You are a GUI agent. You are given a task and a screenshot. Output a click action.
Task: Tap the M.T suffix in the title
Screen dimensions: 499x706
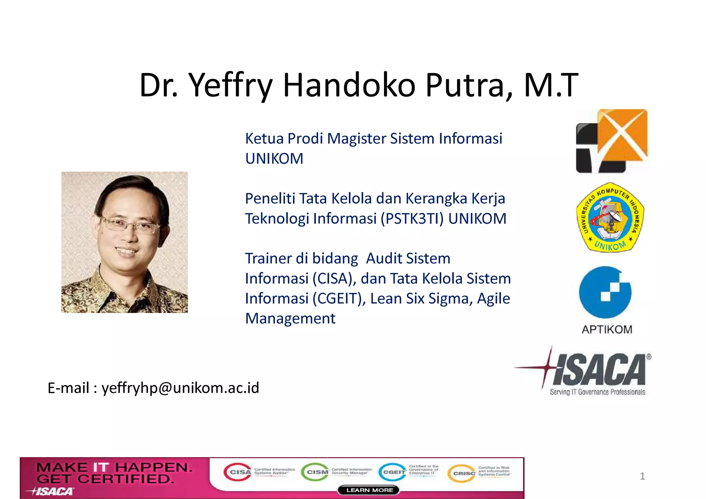click(551, 85)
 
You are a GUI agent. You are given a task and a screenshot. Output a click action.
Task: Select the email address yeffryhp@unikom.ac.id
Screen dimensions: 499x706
click(180, 388)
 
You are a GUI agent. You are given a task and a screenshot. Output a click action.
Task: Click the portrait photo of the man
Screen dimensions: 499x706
click(124, 242)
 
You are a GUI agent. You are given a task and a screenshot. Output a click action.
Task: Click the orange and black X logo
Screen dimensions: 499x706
click(612, 141)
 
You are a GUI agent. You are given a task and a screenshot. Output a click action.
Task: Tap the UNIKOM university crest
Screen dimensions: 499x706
click(610, 217)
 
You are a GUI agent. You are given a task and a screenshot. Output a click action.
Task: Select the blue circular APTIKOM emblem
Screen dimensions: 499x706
click(605, 292)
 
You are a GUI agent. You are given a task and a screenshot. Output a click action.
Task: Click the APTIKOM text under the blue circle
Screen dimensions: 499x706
click(607, 329)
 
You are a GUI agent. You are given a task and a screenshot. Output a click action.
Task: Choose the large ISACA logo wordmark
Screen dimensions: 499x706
click(600, 369)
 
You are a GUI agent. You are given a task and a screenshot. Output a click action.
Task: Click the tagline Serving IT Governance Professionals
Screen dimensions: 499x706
click(597, 392)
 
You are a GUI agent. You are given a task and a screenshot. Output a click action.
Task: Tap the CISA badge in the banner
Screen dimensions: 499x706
click(238, 472)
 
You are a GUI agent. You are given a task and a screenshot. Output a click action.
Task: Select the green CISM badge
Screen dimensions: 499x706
click(315, 472)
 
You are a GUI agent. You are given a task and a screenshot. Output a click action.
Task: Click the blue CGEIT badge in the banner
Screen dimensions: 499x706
click(392, 472)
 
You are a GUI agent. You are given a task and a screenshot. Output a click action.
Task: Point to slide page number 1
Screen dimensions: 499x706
click(642, 476)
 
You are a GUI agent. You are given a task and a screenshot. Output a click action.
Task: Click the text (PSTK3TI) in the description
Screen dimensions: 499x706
click(412, 219)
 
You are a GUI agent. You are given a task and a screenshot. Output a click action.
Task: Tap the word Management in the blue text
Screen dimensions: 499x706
click(290, 318)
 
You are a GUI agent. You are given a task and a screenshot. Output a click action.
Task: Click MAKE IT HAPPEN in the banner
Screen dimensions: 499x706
click(114, 468)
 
